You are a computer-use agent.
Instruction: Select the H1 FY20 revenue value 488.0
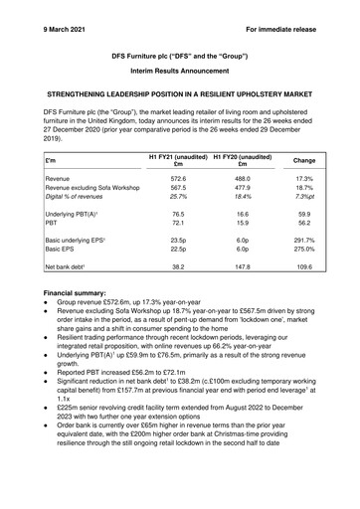[242, 177]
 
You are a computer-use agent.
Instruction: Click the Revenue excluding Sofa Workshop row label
[92, 187]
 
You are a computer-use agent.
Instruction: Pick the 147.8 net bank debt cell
[242, 266]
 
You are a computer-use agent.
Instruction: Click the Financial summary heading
[81, 294]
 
